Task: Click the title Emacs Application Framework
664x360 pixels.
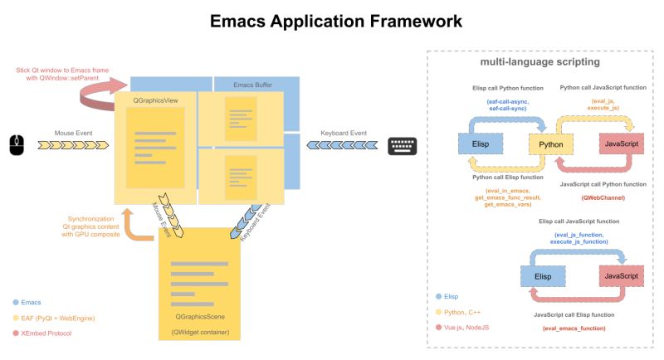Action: (331, 21)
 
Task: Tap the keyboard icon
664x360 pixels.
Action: (403, 145)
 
